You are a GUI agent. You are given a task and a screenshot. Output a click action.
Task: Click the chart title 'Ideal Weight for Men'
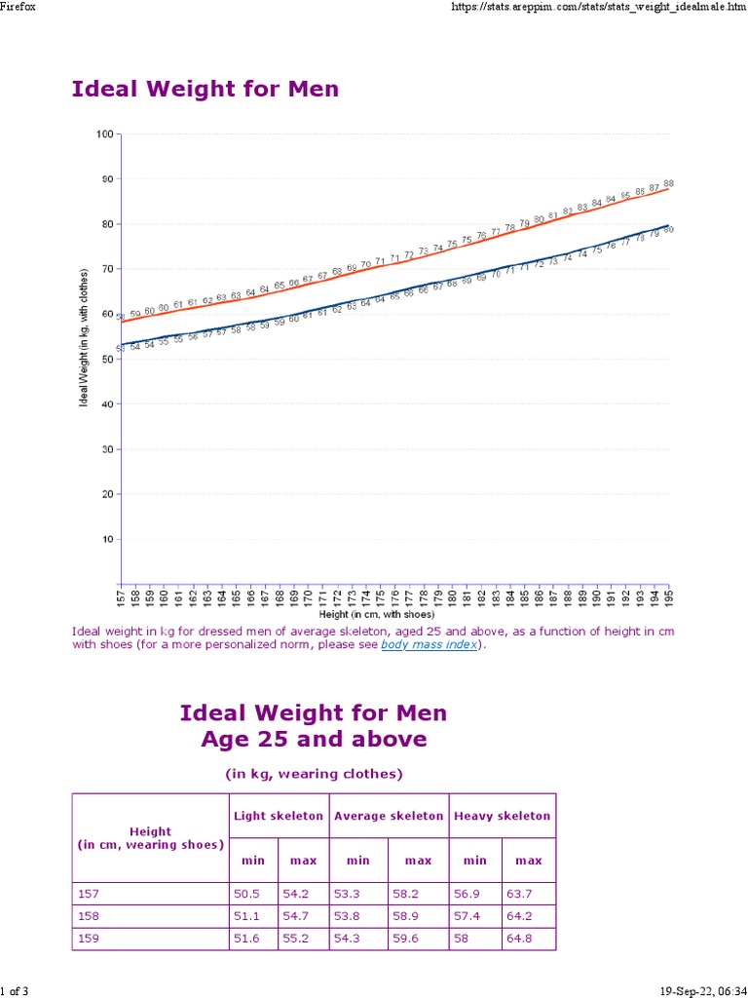(206, 90)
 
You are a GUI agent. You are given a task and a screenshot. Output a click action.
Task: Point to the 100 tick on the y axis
(105, 134)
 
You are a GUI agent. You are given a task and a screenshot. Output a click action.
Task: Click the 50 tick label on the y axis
(107, 359)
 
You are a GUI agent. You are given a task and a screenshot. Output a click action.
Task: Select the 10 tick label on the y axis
(107, 539)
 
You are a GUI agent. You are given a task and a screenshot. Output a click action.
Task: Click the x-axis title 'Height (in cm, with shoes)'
(377, 615)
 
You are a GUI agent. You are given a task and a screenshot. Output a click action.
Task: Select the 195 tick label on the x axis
(669, 595)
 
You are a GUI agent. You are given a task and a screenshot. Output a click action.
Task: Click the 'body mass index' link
(430, 645)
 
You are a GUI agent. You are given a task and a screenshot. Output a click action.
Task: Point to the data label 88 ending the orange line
(668, 183)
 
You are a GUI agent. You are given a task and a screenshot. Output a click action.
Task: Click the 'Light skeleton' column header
(279, 816)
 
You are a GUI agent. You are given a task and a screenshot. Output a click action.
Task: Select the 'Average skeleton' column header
(389, 816)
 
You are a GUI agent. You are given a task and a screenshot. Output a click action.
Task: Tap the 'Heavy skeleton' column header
(502, 816)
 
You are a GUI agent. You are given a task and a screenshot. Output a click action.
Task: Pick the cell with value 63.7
(529, 894)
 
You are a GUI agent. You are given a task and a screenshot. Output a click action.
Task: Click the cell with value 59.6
(418, 940)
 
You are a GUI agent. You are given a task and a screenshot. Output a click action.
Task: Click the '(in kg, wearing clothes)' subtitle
(314, 775)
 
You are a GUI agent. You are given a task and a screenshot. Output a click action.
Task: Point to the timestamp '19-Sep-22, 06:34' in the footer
(696, 991)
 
